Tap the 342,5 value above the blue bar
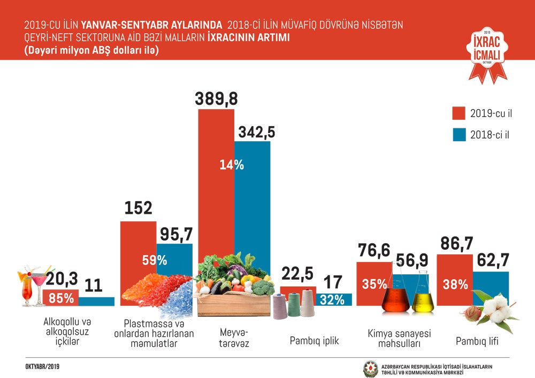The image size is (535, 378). point(253,132)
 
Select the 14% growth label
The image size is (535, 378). point(232,165)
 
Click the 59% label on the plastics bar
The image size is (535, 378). point(154,260)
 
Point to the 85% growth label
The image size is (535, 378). point(62,298)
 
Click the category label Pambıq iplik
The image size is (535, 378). point(315,341)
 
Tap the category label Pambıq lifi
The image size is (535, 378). point(477,341)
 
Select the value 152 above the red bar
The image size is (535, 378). point(139,209)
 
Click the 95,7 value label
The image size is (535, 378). point(175,234)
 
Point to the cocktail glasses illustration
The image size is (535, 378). point(34,287)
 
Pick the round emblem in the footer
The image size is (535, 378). point(371,369)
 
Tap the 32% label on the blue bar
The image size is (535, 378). point(332,299)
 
